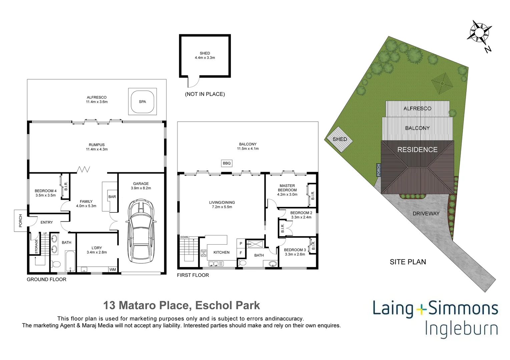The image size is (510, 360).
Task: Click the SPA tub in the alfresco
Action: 142,102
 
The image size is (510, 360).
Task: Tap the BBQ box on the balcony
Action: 226,163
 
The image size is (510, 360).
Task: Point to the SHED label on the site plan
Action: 340,139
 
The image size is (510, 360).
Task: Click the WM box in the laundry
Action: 113,269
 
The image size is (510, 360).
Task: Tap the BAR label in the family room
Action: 112,197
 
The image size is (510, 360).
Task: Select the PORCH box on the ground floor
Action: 20,221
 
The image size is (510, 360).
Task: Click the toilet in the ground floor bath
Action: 56,265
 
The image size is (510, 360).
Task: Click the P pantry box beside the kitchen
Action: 241,244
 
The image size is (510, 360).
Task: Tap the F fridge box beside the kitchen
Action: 241,253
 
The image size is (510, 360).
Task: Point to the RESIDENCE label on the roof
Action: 417,150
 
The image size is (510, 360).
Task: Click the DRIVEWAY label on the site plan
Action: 426,213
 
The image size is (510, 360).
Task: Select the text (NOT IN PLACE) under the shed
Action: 205,94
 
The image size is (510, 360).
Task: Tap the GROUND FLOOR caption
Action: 46,279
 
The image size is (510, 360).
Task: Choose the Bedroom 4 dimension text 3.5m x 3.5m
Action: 46,195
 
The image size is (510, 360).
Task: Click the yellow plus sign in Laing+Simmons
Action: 422,309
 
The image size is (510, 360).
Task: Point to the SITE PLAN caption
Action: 408,262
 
